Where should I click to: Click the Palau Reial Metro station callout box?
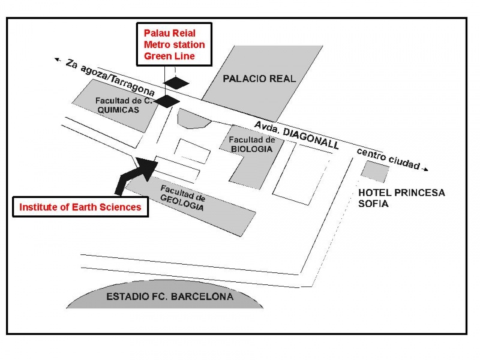point(174,44)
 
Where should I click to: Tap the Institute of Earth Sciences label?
point(80,207)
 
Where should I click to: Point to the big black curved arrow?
point(136,176)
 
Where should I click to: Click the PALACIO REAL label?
point(259,79)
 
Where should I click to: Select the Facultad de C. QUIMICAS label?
point(124,106)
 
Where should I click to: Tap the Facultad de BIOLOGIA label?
point(252,145)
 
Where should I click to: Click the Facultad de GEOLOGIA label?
point(182,198)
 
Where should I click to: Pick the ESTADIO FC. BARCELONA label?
point(170,296)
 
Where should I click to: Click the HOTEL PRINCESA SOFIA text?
point(401,198)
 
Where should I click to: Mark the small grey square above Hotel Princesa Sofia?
point(375,172)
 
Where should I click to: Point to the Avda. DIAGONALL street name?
point(296,135)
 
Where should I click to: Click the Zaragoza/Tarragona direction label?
point(110,77)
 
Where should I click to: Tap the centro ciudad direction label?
point(388,159)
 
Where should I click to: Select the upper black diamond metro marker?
point(176,83)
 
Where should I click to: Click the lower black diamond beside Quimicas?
point(167,101)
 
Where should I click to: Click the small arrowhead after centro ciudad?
point(425,169)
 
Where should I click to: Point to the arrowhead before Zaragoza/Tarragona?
point(58,59)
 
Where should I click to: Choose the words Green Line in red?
point(169,56)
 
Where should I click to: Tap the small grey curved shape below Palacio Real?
point(194,119)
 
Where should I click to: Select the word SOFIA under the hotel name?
point(373,203)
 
